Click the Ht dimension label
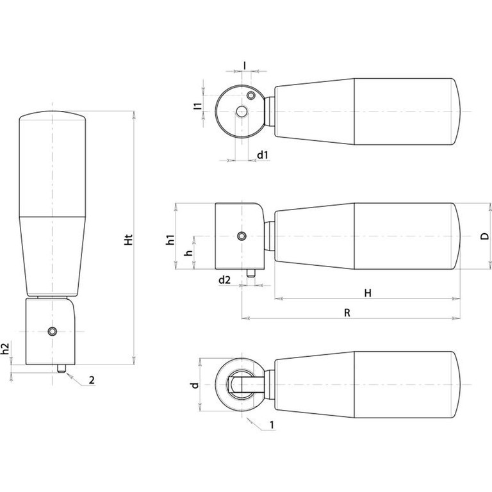(129, 240)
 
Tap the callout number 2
(92, 381)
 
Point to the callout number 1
(272, 425)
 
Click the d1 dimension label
(263, 154)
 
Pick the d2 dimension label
(224, 280)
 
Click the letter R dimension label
(347, 313)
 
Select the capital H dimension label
(368, 293)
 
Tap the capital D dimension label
(485, 236)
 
